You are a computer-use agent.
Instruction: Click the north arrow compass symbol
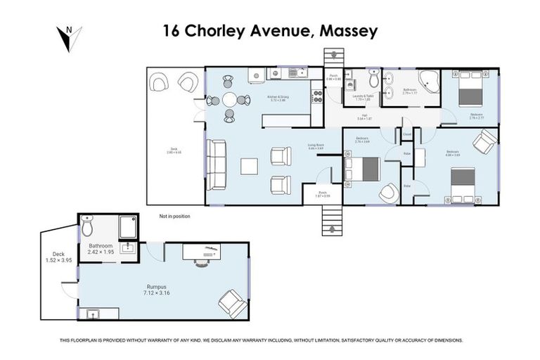click(x=69, y=38)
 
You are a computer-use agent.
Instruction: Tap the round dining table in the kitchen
click(x=231, y=100)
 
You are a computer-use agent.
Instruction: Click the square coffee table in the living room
click(x=249, y=166)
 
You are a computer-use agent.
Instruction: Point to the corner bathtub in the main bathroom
click(x=430, y=83)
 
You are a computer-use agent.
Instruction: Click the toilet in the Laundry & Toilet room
click(x=372, y=81)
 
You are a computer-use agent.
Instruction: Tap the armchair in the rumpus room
click(x=232, y=302)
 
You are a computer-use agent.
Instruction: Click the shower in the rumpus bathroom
click(x=129, y=226)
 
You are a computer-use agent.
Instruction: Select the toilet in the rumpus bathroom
click(x=86, y=226)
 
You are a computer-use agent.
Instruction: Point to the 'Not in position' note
click(x=174, y=217)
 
